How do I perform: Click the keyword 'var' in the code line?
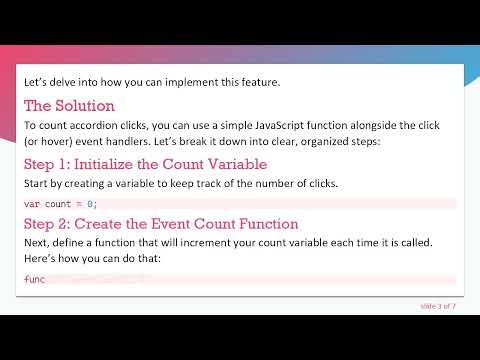(32, 204)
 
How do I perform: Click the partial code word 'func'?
(35, 279)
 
